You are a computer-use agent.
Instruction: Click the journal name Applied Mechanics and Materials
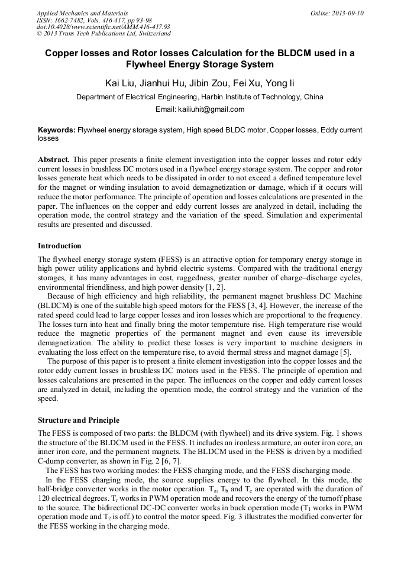point(82,13)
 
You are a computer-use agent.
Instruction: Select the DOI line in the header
point(103,27)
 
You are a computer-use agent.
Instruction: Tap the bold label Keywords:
point(57,129)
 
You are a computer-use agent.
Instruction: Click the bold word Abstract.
point(54,160)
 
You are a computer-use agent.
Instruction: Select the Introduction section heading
point(60,246)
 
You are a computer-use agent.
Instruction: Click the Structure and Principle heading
point(79,420)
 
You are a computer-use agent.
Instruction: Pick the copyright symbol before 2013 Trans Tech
point(39,34)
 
